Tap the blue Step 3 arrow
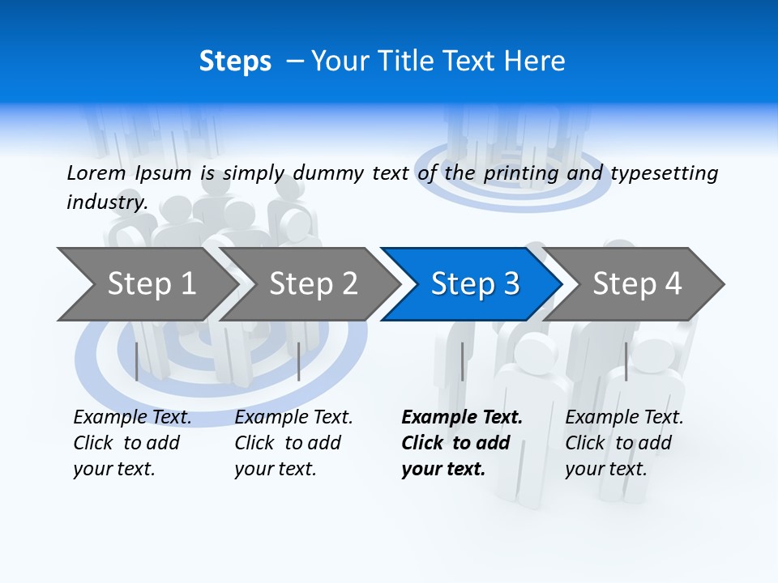click(x=475, y=284)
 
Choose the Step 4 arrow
click(x=637, y=284)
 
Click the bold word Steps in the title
click(x=235, y=62)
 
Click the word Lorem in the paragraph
click(x=96, y=172)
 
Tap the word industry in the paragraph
click(x=106, y=202)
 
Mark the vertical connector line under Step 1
click(x=137, y=361)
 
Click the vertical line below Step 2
click(x=299, y=361)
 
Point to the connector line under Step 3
click(x=462, y=361)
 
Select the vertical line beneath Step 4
click(x=626, y=361)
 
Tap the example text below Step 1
click(x=132, y=443)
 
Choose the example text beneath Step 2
click(x=293, y=443)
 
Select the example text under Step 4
click(x=624, y=443)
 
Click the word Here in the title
click(x=534, y=62)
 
